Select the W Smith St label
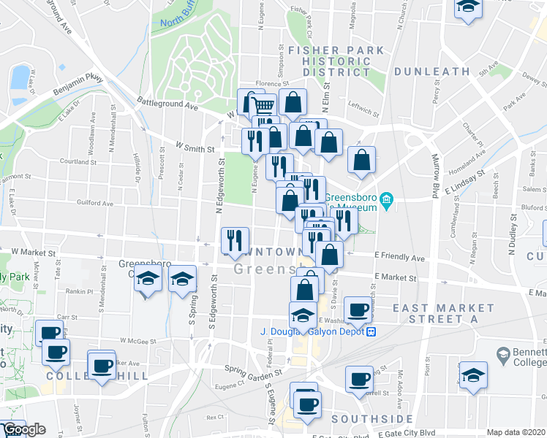[196, 147]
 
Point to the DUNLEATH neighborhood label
[431, 72]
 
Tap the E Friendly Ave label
[399, 258]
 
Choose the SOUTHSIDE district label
[372, 419]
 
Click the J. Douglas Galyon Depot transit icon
[371, 331]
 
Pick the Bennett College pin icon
[502, 356]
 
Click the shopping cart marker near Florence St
[265, 107]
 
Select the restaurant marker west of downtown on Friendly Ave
[235, 241]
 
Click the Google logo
[23, 429]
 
